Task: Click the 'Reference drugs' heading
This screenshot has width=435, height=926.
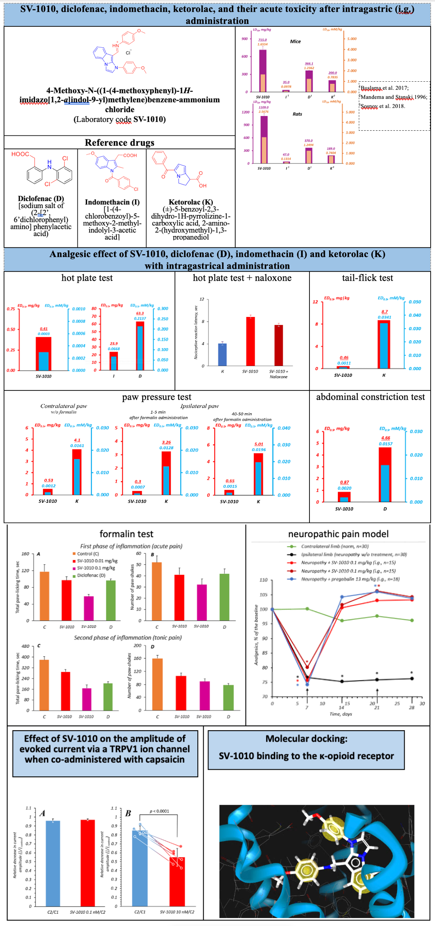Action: pos(119,142)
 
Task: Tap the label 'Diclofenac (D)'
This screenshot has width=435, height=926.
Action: pos(41,199)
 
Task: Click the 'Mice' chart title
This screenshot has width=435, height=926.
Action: pos(295,41)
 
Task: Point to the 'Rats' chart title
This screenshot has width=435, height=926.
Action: pos(297,114)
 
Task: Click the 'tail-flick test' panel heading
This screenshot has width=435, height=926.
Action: pos(367,278)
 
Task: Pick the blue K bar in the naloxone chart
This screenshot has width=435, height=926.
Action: pos(223,354)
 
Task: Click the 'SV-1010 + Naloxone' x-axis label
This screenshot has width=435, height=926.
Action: pos(278,374)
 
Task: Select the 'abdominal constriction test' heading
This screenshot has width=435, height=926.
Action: pos(370,397)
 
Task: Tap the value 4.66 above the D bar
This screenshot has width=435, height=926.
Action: pos(385,438)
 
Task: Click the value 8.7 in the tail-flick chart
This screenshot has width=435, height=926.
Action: pos(384,311)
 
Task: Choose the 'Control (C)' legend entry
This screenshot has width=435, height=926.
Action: pos(88,554)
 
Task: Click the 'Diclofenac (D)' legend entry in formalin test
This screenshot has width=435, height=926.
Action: pos(91,575)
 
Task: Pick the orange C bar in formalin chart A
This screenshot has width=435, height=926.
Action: pos(45,596)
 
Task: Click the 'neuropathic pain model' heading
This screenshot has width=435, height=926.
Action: pos(338,534)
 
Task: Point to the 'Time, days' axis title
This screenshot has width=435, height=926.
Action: pos(341,714)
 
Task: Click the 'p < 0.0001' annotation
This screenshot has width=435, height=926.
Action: pos(159,811)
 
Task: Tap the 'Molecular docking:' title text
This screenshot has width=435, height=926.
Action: pos(306,739)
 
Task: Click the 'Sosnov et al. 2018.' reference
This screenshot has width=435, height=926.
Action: pos(383,106)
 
